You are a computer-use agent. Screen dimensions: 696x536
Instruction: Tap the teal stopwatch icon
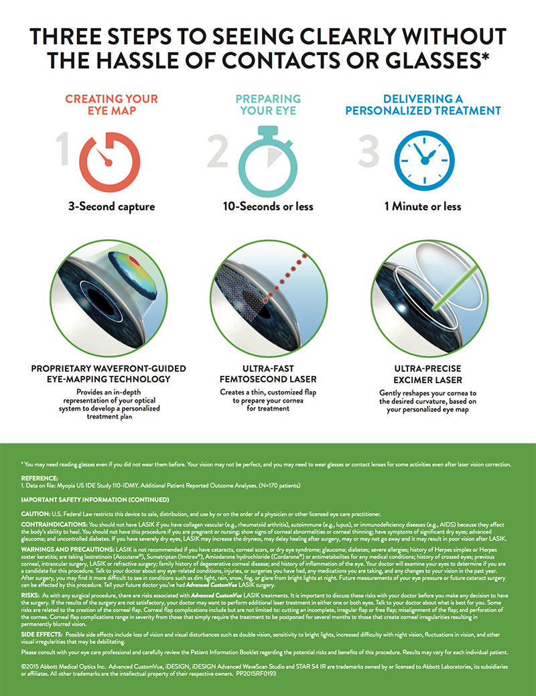pyautogui.click(x=267, y=159)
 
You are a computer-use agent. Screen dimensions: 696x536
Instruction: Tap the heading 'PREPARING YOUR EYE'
pyautogui.click(x=267, y=105)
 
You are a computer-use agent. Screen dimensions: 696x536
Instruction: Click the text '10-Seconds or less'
pyautogui.click(x=267, y=206)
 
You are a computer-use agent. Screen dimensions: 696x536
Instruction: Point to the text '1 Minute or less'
pyautogui.click(x=422, y=206)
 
